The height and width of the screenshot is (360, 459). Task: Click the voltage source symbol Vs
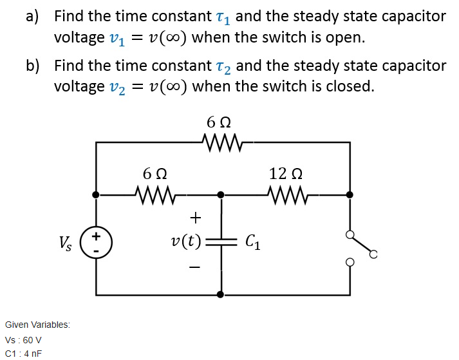tap(96, 242)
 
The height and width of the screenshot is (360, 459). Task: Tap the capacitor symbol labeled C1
tap(221, 242)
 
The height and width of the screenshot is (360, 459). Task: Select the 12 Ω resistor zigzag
tap(285, 193)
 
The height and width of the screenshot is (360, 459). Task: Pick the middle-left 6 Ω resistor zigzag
tap(155, 193)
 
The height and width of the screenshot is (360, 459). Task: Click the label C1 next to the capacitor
tap(253, 243)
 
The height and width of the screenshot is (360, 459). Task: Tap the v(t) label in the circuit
tap(185, 242)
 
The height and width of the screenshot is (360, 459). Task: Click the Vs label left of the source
tap(66, 243)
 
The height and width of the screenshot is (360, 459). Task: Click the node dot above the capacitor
tap(221, 193)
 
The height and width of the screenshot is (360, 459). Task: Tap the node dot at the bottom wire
tap(221, 294)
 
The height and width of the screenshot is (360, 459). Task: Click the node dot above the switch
tap(350, 193)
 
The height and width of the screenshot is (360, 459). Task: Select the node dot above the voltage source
tap(96, 193)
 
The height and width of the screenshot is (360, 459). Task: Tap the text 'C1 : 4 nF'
tap(23, 353)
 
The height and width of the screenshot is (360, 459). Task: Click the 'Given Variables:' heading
tap(37, 325)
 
